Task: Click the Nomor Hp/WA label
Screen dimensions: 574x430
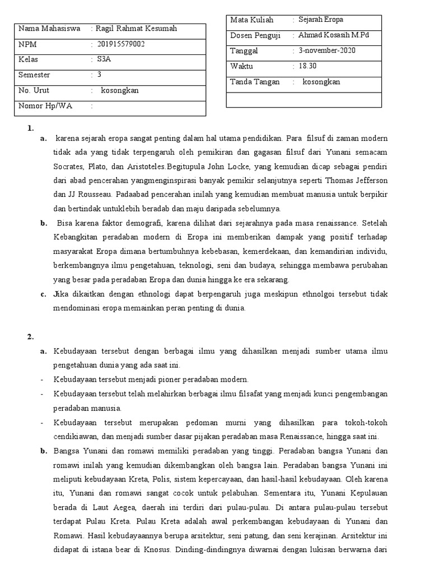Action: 45,105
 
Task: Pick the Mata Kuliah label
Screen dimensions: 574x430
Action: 252,20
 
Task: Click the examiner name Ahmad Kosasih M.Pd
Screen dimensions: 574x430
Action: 334,35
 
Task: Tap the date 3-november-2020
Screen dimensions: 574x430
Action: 327,51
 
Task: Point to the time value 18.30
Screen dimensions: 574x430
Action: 307,66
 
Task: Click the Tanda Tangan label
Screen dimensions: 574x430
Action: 255,82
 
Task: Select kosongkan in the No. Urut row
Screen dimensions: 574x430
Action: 120,90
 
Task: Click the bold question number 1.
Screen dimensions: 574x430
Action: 31,128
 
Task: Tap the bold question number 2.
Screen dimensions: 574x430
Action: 31,337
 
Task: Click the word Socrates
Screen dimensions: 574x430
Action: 69,166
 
